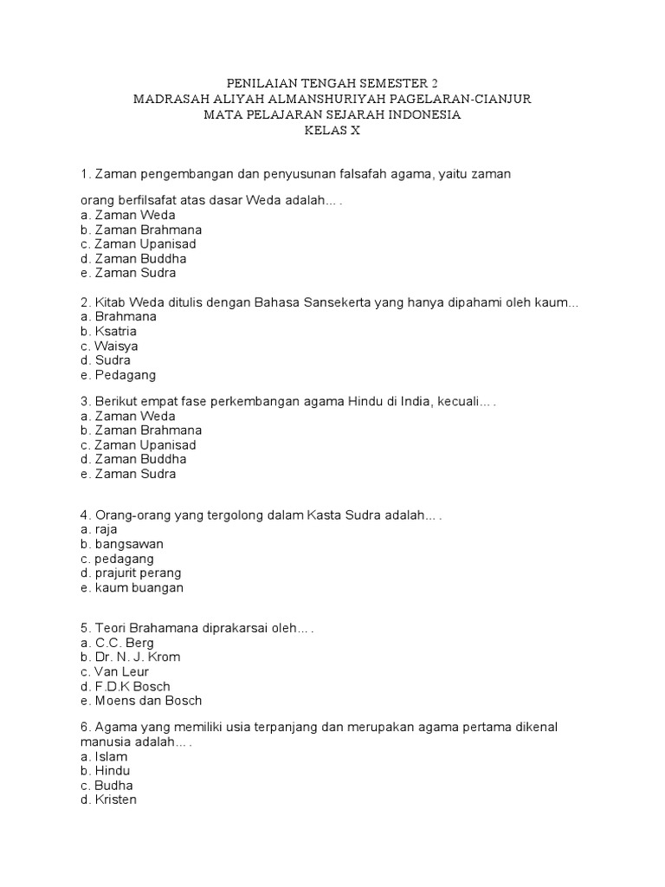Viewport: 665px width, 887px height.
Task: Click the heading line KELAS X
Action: tap(332, 131)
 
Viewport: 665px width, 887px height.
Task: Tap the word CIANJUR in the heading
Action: tap(501, 100)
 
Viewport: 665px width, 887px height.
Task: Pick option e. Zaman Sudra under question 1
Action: tap(127, 273)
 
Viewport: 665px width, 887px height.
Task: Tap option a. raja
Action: tap(98, 529)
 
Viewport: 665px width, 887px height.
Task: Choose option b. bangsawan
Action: tap(120, 544)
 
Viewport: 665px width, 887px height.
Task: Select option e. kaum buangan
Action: tap(131, 588)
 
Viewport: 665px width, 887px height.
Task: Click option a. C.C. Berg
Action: tap(116, 643)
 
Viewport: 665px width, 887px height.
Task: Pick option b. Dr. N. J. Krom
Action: tap(129, 657)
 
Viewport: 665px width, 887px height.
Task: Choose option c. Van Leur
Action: tap(114, 672)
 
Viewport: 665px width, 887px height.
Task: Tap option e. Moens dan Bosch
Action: tap(140, 701)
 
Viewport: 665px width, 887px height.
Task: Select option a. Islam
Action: tap(103, 756)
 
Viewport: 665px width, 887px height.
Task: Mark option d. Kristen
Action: tap(107, 800)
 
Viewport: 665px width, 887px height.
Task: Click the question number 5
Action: tap(83, 628)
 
